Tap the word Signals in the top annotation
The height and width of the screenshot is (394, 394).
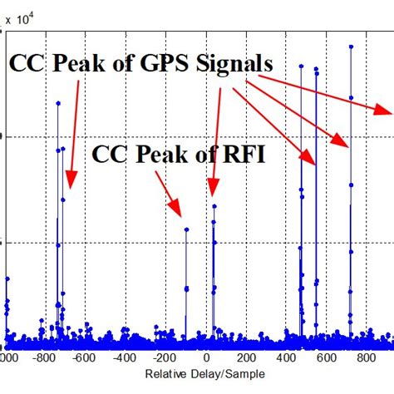tap(242, 65)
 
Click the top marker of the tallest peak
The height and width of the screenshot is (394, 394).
tap(352, 47)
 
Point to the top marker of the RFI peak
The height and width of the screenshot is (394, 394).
tap(186, 230)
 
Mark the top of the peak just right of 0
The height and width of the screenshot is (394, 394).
tap(214, 207)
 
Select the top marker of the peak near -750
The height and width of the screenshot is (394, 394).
tap(57, 103)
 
